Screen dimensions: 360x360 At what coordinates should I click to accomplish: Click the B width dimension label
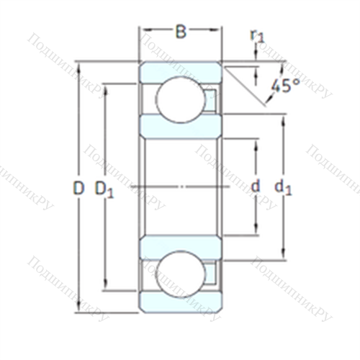[x=181, y=32]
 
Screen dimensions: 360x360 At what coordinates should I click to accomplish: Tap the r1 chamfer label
[x=257, y=36]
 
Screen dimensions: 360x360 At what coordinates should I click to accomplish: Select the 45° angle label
[x=286, y=86]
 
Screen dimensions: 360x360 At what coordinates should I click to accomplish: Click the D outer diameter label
[x=78, y=188]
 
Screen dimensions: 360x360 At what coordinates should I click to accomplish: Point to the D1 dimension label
[x=104, y=189]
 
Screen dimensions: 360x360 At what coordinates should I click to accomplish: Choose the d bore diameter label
[x=256, y=186]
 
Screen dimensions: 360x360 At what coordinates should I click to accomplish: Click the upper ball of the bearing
[x=181, y=99]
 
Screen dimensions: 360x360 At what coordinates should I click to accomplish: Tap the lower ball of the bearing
[x=181, y=274]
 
